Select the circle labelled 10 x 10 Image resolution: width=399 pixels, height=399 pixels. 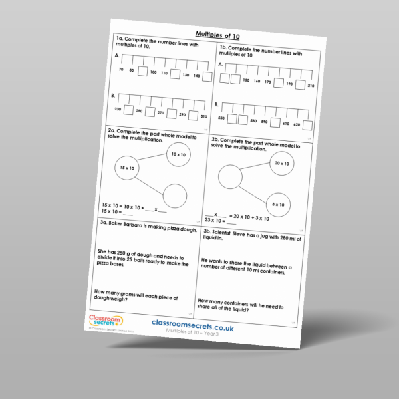point(178,154)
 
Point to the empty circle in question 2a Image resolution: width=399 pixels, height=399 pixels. point(174,197)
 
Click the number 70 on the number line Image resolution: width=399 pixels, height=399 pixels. point(121,69)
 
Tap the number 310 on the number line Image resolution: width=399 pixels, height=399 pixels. point(203,116)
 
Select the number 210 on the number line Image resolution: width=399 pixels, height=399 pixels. point(310,86)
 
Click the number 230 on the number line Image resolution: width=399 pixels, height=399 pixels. point(118,108)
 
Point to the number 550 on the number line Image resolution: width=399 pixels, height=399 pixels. point(221,118)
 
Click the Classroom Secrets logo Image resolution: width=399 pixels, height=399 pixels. point(104,322)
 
